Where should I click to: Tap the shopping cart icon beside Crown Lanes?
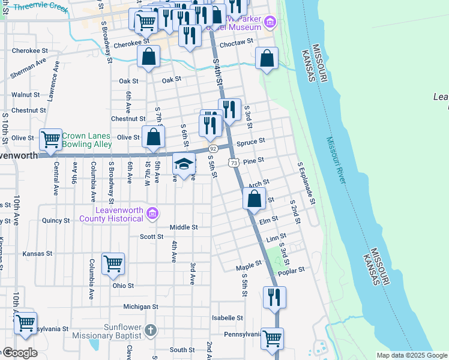click(x=51, y=139)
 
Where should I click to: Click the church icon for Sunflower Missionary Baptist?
click(x=150, y=329)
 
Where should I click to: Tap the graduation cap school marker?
click(x=184, y=163)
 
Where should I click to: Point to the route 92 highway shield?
click(x=212, y=148)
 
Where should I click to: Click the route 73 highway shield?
click(x=234, y=163)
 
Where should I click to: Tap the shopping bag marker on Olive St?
click(x=154, y=136)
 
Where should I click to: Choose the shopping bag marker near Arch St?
click(x=255, y=199)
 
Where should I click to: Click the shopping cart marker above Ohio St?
click(x=113, y=263)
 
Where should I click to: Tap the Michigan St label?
click(x=140, y=307)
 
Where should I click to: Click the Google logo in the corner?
click(x=19, y=353)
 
